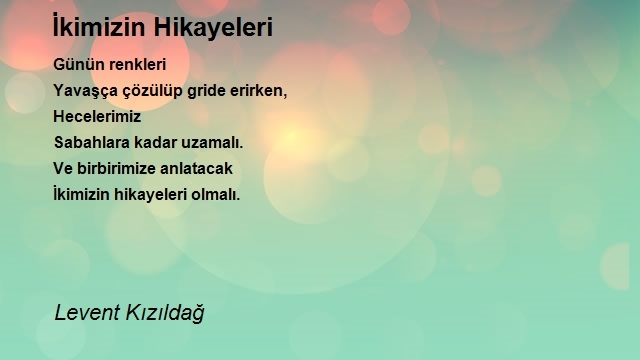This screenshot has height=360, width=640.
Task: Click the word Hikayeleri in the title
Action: [213, 28]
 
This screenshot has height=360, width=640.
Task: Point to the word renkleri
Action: [138, 64]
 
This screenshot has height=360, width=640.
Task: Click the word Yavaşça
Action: [85, 91]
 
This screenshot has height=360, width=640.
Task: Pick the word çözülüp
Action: [153, 91]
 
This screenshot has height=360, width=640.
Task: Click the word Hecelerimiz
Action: [97, 116]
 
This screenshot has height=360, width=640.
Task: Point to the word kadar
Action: [156, 142]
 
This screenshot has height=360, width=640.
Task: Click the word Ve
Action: [63, 169]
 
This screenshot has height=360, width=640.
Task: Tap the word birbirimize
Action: [116, 168]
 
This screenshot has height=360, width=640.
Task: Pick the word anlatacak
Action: [196, 168]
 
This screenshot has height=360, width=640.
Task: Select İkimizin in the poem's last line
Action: [81, 194]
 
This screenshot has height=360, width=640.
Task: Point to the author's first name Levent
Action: [87, 313]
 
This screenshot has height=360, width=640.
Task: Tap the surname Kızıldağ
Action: [165, 313]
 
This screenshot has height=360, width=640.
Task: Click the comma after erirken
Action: [285, 96]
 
